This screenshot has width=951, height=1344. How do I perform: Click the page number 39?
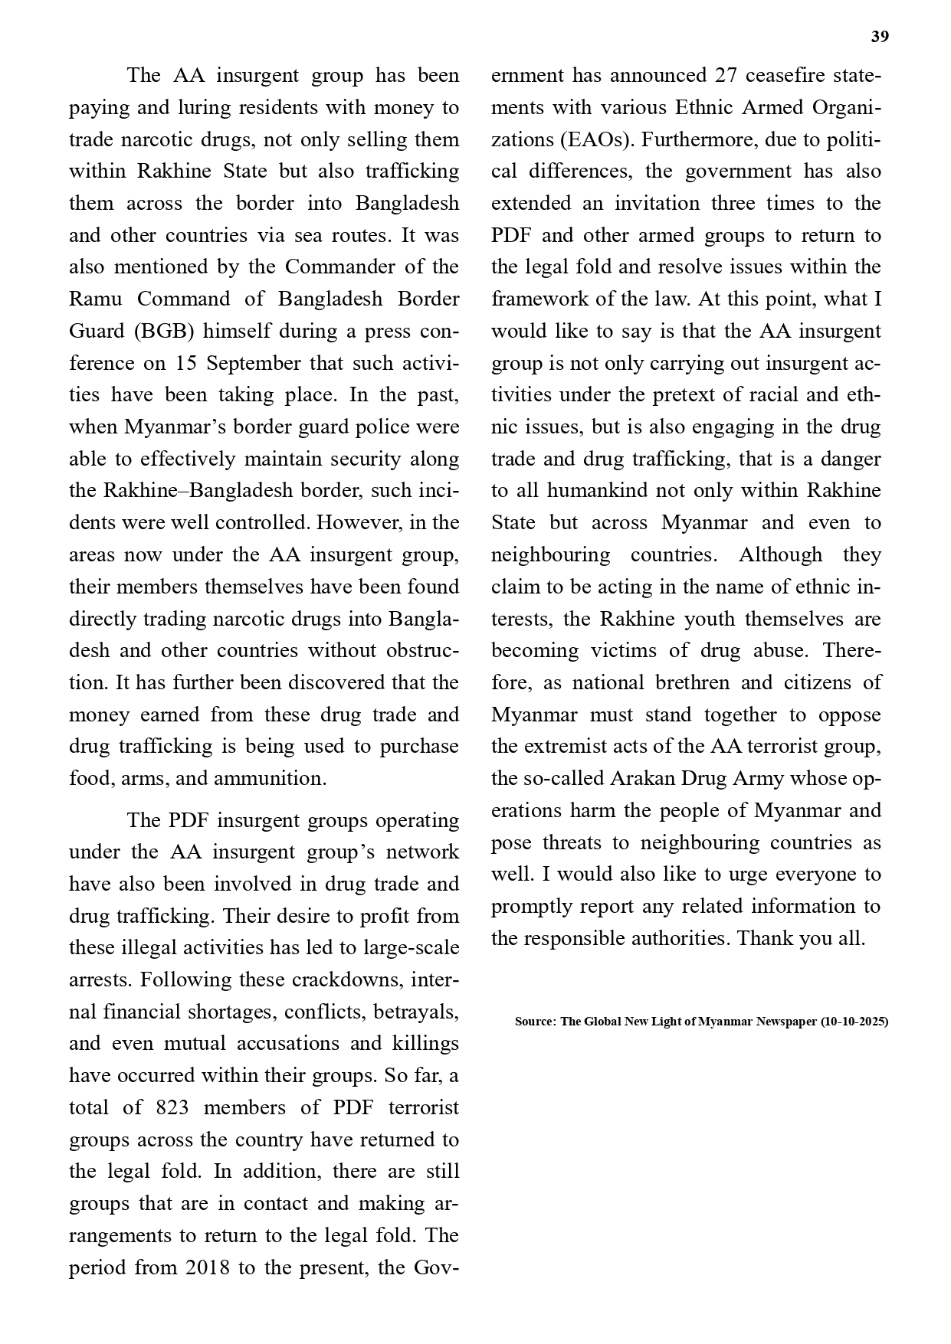point(880,37)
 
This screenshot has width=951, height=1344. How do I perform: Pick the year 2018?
point(208,1267)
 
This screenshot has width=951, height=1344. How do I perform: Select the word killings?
point(425,1044)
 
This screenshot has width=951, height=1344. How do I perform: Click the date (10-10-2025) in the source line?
point(854,1022)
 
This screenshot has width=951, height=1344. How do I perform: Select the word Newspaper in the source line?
point(779,1022)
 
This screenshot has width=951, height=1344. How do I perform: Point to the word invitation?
point(657,204)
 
